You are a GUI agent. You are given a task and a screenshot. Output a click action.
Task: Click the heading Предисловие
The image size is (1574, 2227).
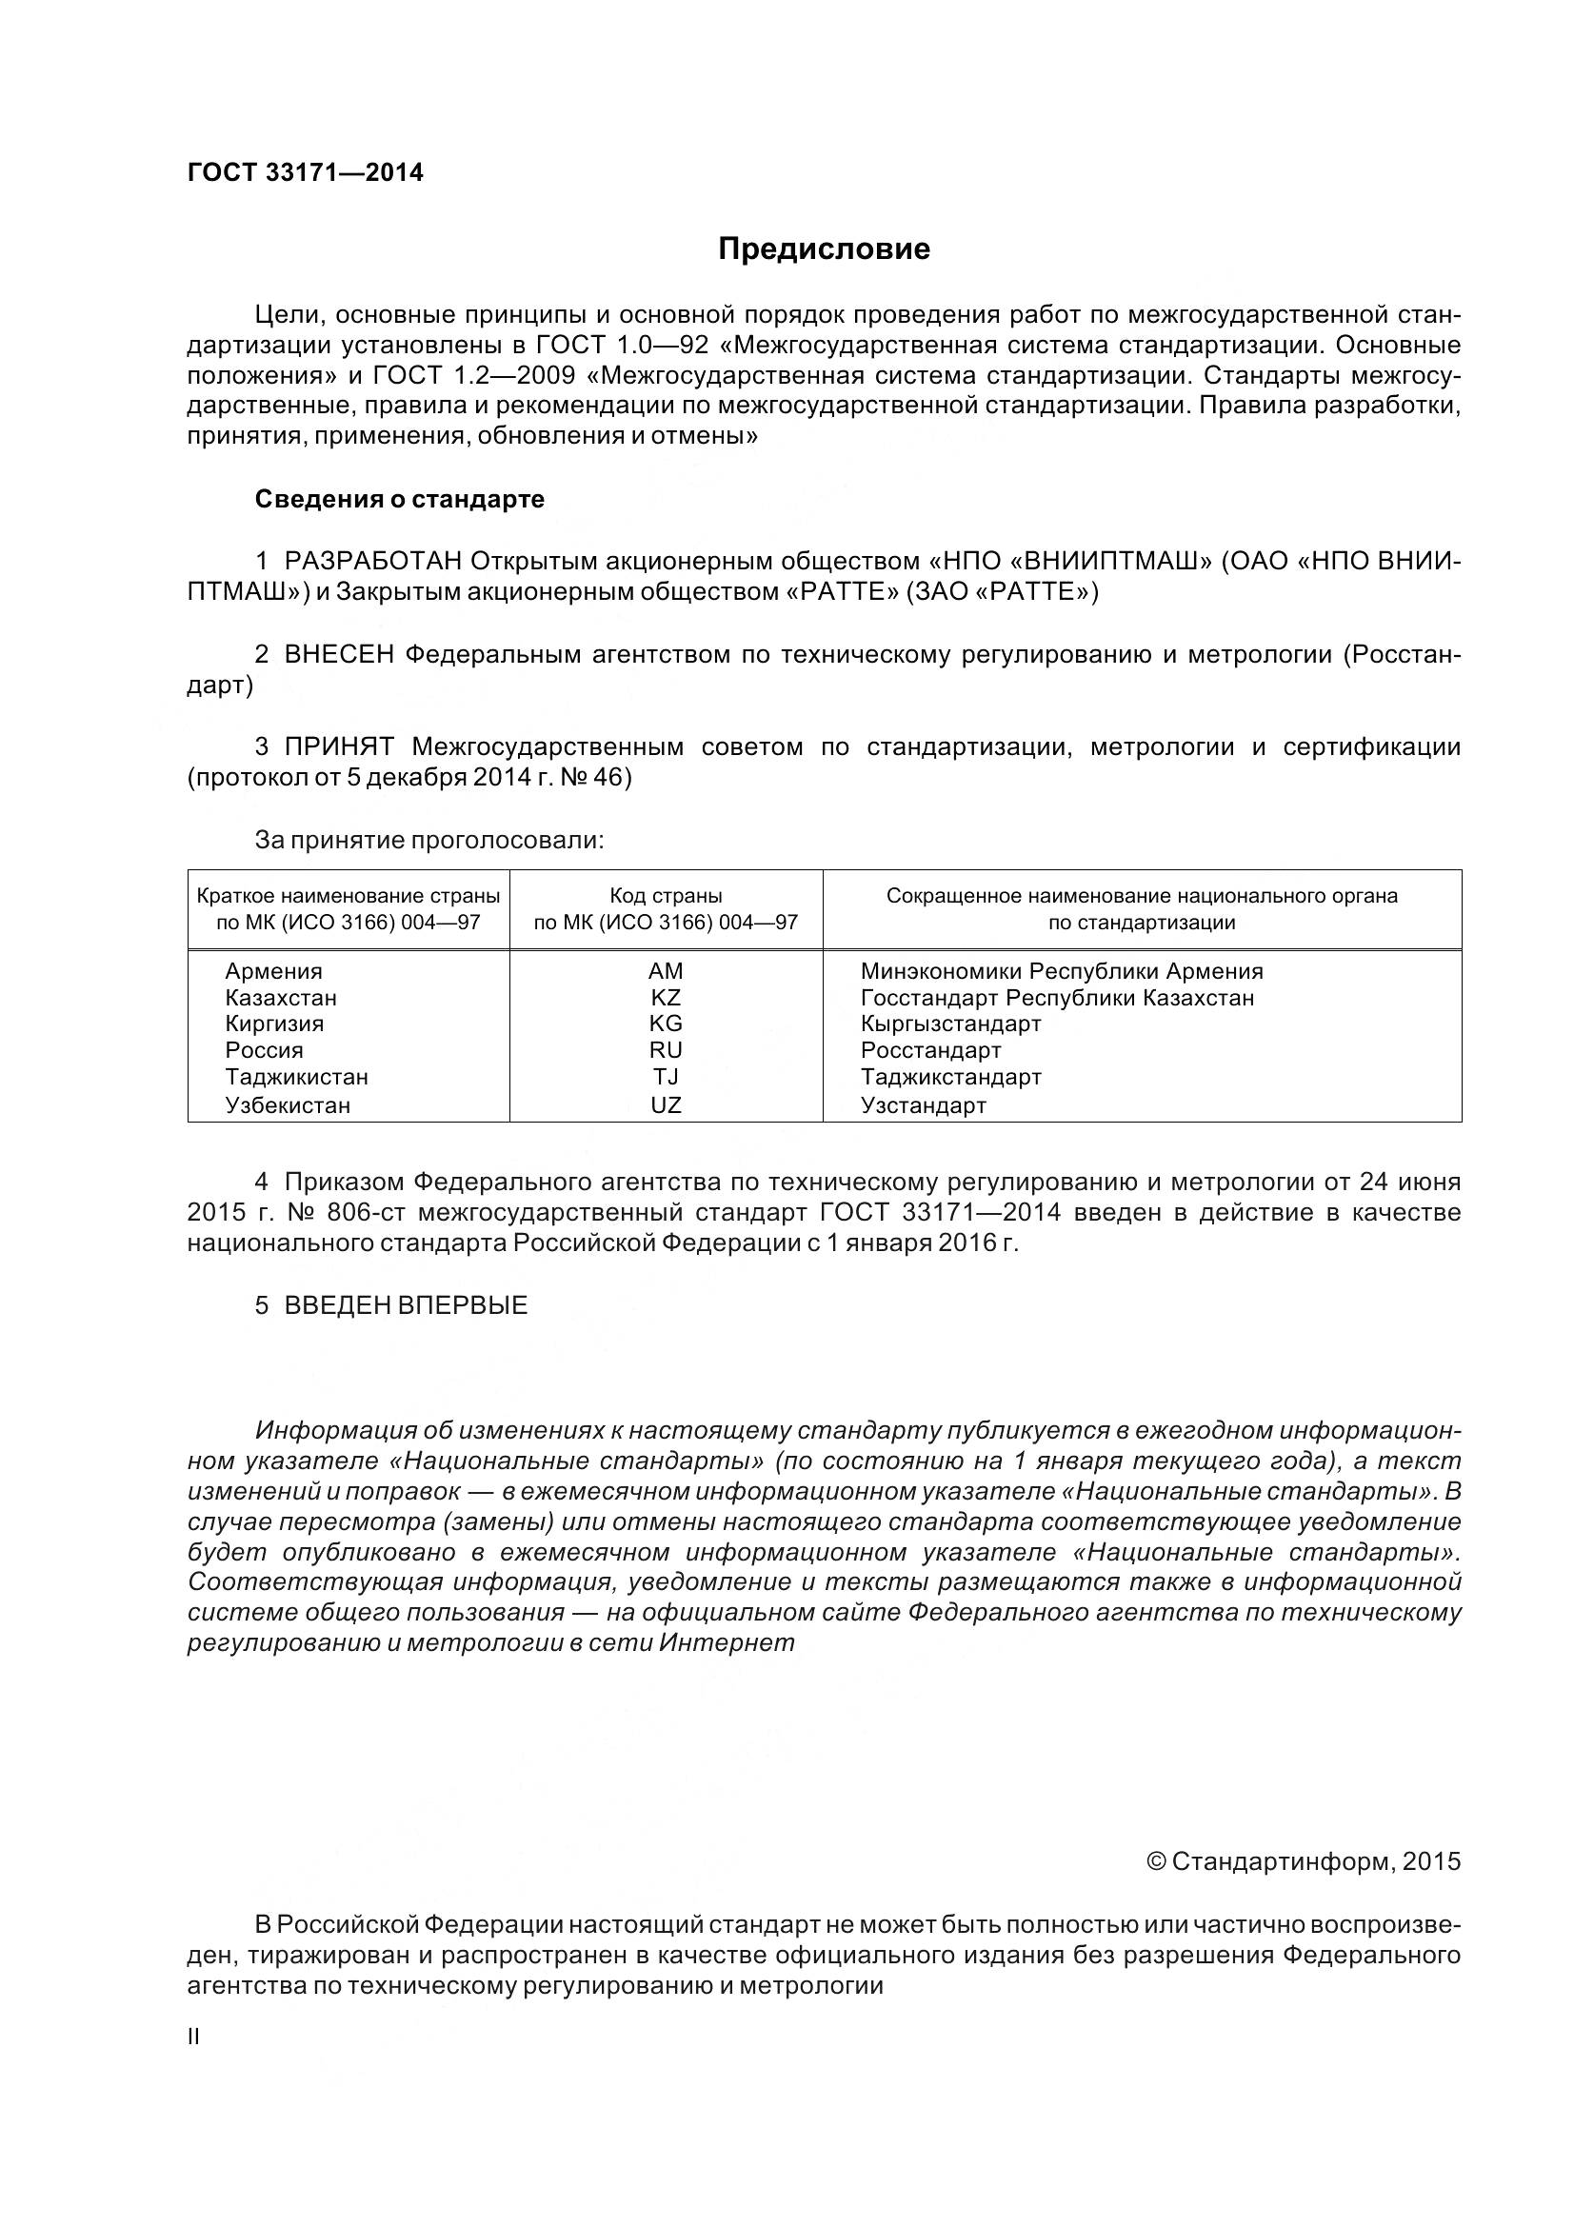[824, 249]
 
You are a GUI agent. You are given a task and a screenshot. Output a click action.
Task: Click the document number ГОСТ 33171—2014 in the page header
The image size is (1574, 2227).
[305, 172]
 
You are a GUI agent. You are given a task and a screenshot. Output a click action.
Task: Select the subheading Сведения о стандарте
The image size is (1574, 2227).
[399, 500]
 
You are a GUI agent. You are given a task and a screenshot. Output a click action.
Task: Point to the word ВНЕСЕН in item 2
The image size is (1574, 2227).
[338, 655]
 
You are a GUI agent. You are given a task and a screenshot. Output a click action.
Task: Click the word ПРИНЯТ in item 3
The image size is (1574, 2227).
[338, 746]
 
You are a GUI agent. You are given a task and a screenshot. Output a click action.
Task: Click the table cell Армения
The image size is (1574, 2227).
[273, 971]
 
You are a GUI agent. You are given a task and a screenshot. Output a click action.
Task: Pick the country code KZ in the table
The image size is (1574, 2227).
[666, 997]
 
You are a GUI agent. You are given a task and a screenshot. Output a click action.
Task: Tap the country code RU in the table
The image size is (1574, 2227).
[666, 1050]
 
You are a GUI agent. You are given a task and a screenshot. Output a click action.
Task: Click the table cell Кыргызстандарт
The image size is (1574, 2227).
[950, 1024]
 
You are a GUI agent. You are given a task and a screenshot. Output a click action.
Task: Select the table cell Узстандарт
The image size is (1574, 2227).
[924, 1104]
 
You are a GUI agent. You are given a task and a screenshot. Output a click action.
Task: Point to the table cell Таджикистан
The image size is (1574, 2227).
[297, 1077]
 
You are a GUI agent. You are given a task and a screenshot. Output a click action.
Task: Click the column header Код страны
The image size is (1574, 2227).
[666, 896]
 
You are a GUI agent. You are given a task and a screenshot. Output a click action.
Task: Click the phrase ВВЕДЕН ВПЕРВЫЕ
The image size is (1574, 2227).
[406, 1305]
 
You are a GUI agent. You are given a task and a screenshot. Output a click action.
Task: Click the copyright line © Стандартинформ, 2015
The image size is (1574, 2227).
[1303, 1861]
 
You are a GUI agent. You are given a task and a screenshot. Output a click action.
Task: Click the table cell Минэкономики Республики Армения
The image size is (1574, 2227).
[1061, 971]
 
